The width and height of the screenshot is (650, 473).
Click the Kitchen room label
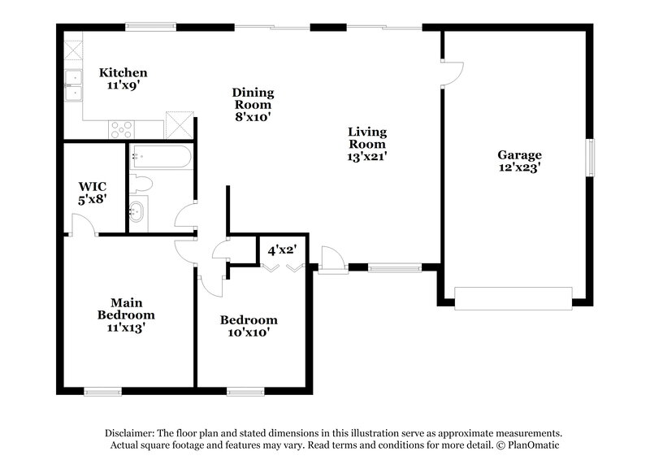pos(123,72)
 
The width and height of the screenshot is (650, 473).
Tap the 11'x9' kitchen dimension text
pos(123,84)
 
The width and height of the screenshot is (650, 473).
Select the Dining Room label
pos(253,98)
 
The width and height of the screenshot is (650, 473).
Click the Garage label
pos(519,154)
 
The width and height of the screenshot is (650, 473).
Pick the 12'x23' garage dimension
pos(519,167)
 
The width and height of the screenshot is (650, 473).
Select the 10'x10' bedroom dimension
pos(249,332)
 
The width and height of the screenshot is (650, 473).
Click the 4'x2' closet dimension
pos(283,241)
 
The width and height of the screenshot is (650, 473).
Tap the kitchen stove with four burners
pos(122,128)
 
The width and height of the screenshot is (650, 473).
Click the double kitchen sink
pos(74,85)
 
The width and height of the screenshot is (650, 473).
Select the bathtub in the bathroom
pos(161,154)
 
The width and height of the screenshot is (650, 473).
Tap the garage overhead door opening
pos(513,298)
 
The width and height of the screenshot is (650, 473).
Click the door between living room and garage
pos(451,72)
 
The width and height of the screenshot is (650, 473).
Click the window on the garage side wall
pos(591,157)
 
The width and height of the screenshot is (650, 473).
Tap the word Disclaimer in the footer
pos(129,433)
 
